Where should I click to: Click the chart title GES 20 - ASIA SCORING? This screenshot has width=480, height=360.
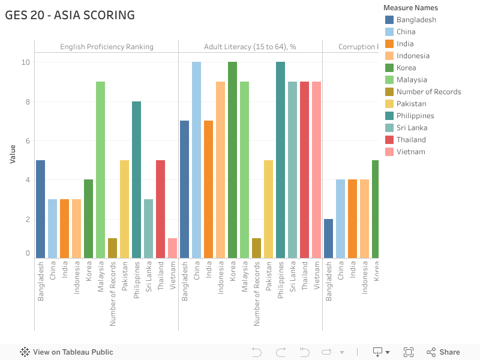pos(70,16)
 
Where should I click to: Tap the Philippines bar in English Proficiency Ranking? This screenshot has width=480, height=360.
pos(136,180)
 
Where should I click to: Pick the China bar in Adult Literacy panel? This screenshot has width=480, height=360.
pos(196,160)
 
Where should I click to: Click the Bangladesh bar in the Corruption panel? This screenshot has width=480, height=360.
pos(328,239)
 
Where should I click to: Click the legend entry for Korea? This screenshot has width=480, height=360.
pos(406,68)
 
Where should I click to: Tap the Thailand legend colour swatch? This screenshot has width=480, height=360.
pos(389,140)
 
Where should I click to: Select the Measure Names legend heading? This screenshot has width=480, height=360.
pos(410,8)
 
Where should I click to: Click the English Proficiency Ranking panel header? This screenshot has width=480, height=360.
pos(106,47)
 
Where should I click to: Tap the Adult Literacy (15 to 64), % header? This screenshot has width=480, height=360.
pos(250,47)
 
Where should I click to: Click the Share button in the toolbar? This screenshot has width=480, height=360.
pos(443,352)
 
